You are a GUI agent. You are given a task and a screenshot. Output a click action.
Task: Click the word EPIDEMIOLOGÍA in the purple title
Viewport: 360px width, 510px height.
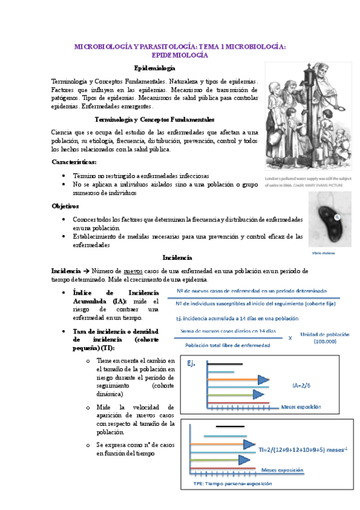click(180, 55)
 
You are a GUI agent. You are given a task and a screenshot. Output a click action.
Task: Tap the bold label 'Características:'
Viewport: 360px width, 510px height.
click(74, 162)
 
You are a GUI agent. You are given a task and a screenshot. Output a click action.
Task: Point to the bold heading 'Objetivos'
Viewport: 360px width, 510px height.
click(66, 206)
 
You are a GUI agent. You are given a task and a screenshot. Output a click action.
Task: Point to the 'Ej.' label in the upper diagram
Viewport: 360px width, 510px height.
click(193, 363)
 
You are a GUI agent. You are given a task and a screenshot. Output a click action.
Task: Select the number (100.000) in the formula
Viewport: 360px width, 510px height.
click(325, 342)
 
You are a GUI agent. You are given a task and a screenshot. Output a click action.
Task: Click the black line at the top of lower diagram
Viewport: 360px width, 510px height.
click(230, 426)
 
